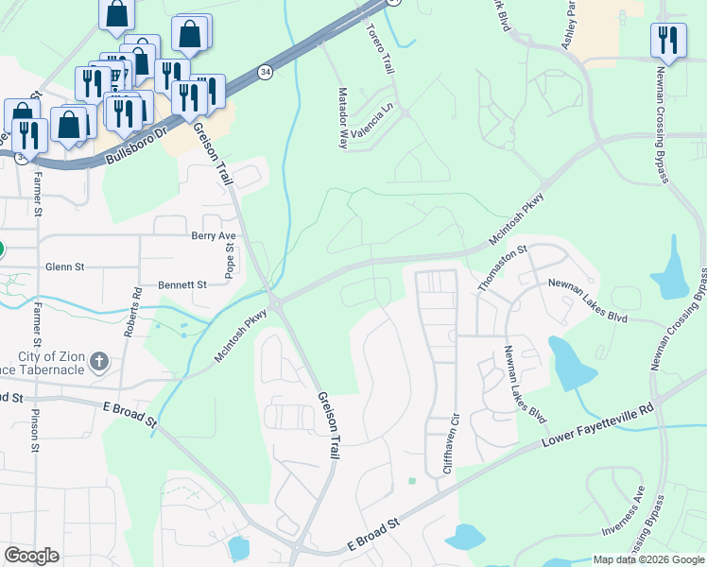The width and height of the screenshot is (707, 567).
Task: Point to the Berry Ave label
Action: tap(213, 235)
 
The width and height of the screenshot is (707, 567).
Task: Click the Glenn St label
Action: tap(64, 267)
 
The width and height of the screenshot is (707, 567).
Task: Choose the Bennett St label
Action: tap(182, 283)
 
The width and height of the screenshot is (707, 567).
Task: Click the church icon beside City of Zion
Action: tap(99, 360)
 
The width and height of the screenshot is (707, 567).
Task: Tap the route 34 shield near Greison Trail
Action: tap(267, 73)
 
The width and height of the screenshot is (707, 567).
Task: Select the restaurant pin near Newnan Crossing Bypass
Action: tap(667, 40)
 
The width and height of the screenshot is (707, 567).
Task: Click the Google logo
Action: tap(31, 556)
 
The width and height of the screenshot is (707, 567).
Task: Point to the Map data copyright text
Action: tap(648, 559)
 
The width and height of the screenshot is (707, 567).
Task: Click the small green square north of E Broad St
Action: tap(412, 481)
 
